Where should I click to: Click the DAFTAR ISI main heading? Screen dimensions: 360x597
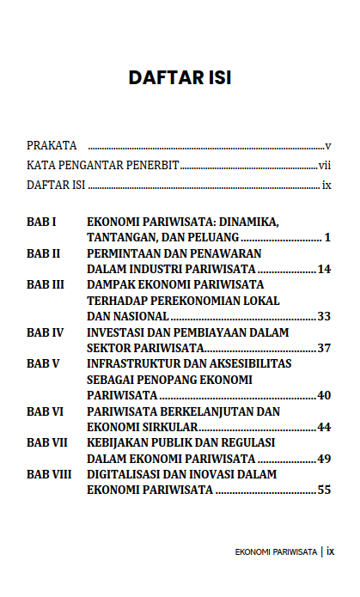click(x=180, y=78)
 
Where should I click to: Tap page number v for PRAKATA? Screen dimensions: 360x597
click(x=328, y=145)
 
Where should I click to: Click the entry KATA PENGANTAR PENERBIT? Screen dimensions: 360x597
click(x=102, y=165)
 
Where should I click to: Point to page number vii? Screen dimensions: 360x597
click(x=325, y=165)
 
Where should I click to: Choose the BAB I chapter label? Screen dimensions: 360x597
click(x=41, y=222)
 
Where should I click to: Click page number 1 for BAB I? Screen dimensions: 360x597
click(x=327, y=236)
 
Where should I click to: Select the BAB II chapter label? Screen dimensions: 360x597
click(x=43, y=253)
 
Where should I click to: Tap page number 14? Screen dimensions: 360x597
click(x=324, y=269)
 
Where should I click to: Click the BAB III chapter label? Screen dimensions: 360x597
click(x=46, y=284)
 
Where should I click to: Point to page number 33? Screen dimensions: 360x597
click(x=324, y=316)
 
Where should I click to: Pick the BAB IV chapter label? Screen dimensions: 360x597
click(x=45, y=332)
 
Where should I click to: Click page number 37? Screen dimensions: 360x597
click(x=324, y=348)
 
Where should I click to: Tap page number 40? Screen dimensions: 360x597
click(x=324, y=395)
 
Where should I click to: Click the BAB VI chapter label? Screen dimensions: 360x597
click(x=45, y=411)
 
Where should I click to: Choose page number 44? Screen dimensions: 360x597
click(x=324, y=427)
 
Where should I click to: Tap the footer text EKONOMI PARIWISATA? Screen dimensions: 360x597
click(x=275, y=552)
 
